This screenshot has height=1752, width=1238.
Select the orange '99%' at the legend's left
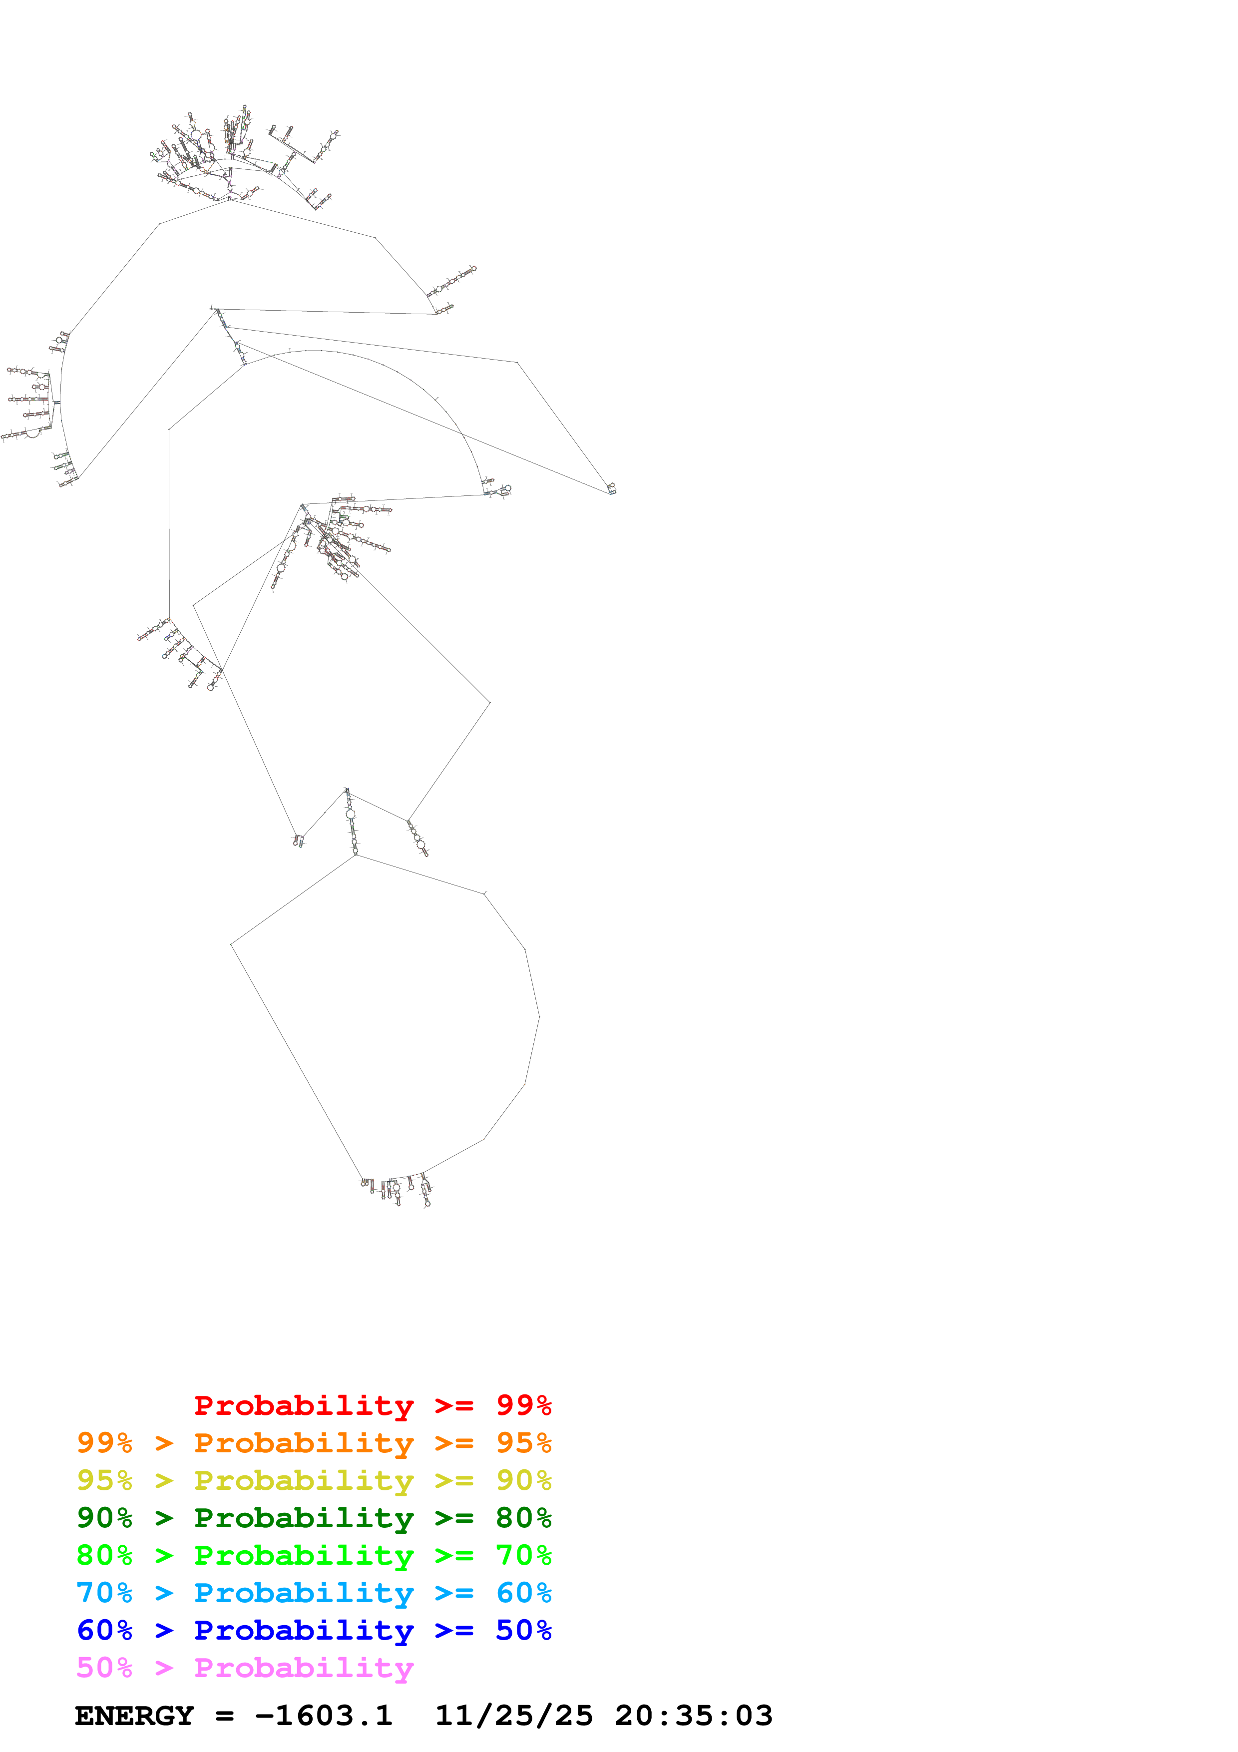pyautogui.click(x=104, y=1443)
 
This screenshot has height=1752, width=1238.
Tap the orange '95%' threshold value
pyautogui.click(x=523, y=1443)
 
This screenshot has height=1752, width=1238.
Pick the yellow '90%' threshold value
pyautogui.click(x=523, y=1480)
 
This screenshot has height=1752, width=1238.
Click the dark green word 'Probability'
pyautogui.click(x=304, y=1518)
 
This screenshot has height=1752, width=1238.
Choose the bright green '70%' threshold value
pyautogui.click(x=523, y=1555)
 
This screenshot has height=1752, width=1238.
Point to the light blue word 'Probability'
pyautogui.click(x=304, y=1593)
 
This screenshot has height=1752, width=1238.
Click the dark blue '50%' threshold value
pyautogui.click(x=523, y=1630)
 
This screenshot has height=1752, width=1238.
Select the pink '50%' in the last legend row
pyautogui.click(x=104, y=1667)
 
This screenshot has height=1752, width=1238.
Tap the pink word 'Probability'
pyautogui.click(x=304, y=1667)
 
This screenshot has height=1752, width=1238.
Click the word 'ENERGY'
pyautogui.click(x=134, y=1716)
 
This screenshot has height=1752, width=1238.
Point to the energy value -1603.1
pyautogui.click(x=324, y=1716)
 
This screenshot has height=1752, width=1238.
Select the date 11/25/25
pyautogui.click(x=513, y=1716)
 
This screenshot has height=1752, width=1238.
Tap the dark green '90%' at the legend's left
pyautogui.click(x=104, y=1518)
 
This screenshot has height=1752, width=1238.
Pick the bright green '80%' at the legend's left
pyautogui.click(x=104, y=1555)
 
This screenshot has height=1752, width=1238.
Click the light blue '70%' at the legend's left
pyautogui.click(x=104, y=1593)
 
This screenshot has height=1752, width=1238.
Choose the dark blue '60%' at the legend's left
pyautogui.click(x=104, y=1630)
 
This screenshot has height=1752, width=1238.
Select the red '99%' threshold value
pyautogui.click(x=523, y=1405)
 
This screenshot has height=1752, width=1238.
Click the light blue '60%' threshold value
pyautogui.click(x=523, y=1593)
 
